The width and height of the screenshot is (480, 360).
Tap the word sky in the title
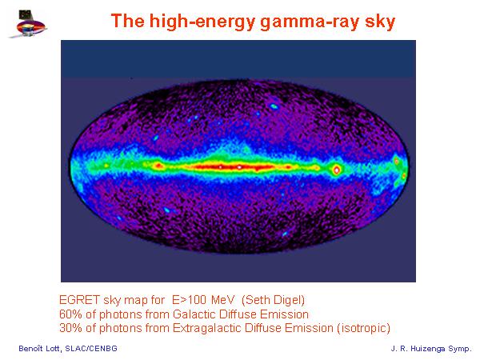(380, 22)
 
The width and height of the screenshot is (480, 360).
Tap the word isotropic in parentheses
(364, 328)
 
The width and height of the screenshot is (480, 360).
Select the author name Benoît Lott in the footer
(39, 348)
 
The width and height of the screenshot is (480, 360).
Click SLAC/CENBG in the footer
(91, 348)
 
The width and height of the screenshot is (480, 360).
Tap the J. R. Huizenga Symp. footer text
(431, 349)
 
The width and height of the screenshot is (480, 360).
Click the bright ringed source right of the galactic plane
(337, 169)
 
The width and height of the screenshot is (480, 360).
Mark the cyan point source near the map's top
(274, 106)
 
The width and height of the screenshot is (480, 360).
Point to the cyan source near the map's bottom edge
(285, 234)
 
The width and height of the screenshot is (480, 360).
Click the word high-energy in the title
(202, 22)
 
